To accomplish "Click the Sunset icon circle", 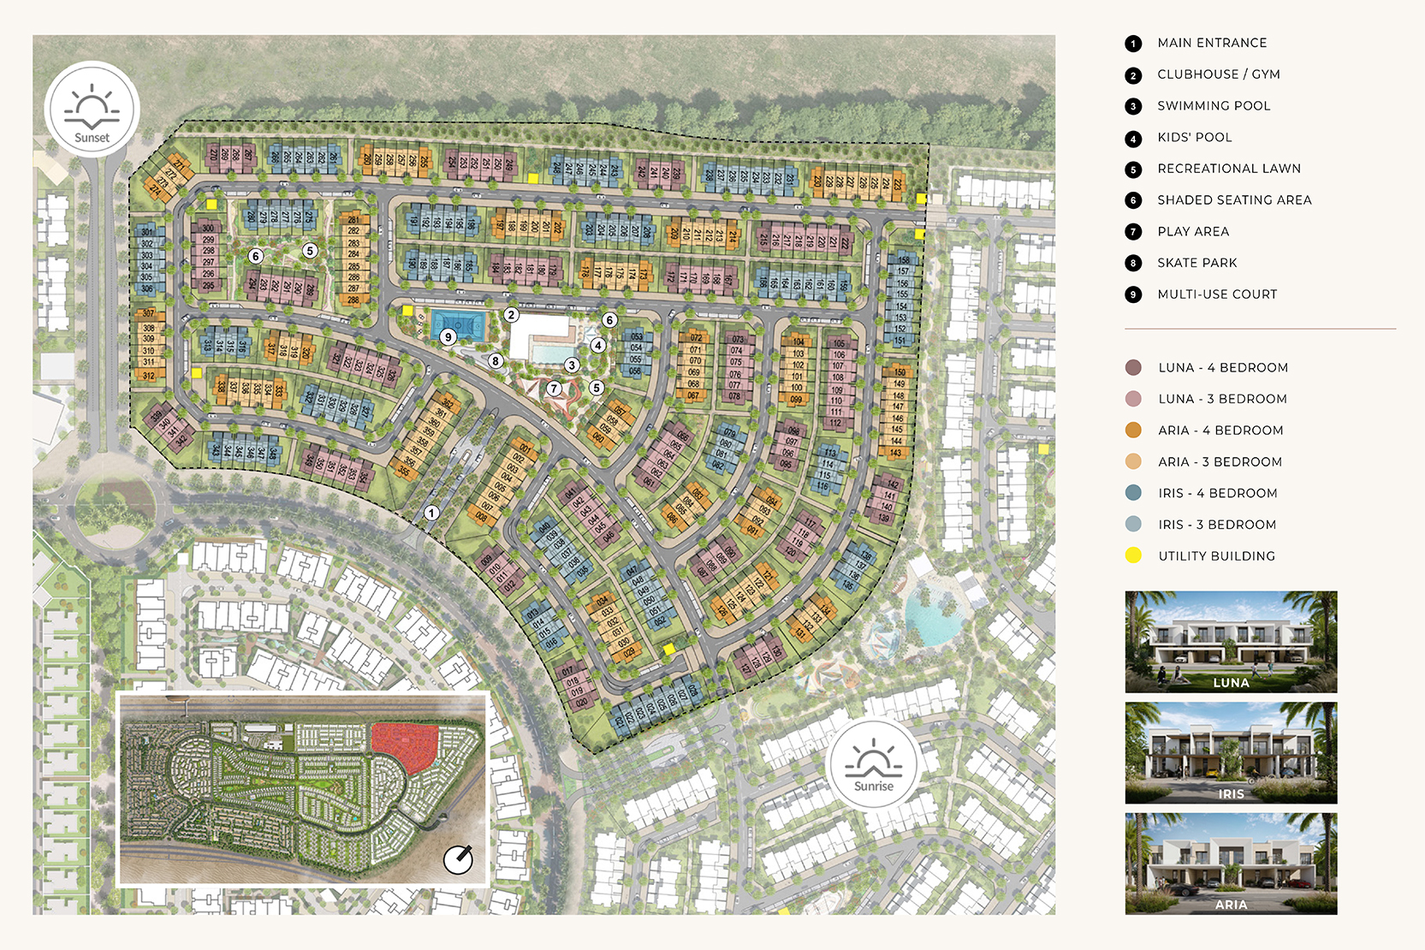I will [92, 110].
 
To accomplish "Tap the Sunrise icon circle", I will [873, 763].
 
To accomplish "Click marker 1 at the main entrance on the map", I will [431, 513].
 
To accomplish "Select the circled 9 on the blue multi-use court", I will [448, 337].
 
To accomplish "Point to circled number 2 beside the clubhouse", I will [511, 315].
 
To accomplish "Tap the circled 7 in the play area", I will [554, 389].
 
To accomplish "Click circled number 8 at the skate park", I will [496, 361].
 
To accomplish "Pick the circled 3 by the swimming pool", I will [572, 365].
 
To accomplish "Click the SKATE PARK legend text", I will [1196, 263].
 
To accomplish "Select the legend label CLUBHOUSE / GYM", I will [1218, 74].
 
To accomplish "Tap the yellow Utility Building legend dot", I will [1133, 555].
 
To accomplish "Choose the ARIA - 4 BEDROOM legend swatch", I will [1133, 430].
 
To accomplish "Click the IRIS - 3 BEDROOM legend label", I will [1216, 525].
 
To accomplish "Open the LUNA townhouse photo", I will [1231, 641].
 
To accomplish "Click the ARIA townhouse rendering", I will [1231, 864].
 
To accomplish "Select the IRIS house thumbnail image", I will [1231, 752].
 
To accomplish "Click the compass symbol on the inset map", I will [458, 859].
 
